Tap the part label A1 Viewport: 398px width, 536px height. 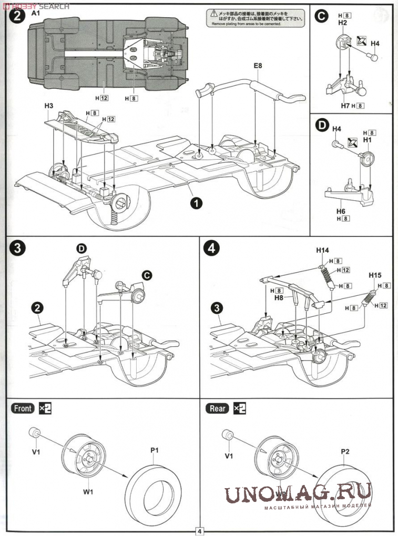tap(36, 13)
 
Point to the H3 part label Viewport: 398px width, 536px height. tap(49, 106)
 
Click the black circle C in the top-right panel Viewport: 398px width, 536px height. tap(321, 17)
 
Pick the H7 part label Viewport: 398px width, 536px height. tap(345, 106)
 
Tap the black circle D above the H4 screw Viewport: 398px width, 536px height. tap(321, 126)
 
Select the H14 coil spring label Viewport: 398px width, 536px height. tap(323, 250)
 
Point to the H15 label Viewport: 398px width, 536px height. tap(375, 275)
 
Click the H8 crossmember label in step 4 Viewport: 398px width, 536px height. tap(278, 297)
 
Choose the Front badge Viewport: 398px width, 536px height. tap(23, 408)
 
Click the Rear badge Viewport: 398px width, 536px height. tap(218, 408)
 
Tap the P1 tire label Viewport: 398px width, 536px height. tap(155, 450)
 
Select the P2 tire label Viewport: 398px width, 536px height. tap(345, 451)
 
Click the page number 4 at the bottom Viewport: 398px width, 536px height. tap(200, 531)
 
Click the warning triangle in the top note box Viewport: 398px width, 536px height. tap(213, 12)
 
